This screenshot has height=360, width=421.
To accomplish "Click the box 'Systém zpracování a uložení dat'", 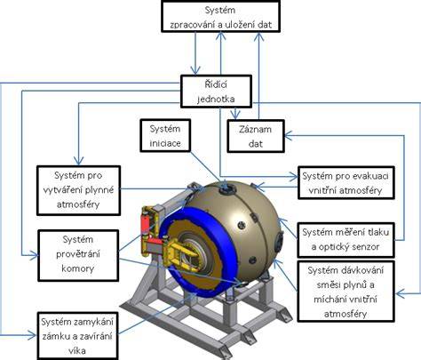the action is (x=220, y=16).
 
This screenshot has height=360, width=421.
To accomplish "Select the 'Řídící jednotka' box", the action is (x=216, y=92).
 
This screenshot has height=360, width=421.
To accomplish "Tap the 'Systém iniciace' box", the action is (x=165, y=136).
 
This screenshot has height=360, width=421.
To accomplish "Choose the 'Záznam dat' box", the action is (x=256, y=136).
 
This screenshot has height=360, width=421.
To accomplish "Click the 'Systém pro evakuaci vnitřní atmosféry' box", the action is (x=346, y=183).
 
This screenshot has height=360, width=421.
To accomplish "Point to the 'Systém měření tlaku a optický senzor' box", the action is (x=346, y=240).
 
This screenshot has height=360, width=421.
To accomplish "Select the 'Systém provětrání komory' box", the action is (x=78, y=255).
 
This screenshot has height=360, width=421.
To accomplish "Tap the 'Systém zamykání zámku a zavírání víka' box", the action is (x=77, y=336).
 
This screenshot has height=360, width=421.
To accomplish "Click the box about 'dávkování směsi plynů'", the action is (x=346, y=292).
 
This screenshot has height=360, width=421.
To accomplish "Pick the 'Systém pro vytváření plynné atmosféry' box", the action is (x=78, y=190).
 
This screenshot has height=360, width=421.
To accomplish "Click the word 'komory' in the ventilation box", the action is (x=78, y=268).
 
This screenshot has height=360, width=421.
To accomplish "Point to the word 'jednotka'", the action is (x=216, y=99).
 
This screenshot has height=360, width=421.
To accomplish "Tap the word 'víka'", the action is (x=77, y=351).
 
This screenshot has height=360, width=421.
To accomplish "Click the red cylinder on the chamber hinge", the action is (x=146, y=225).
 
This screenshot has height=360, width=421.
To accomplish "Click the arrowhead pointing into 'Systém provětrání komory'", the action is (x=35, y=255).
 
